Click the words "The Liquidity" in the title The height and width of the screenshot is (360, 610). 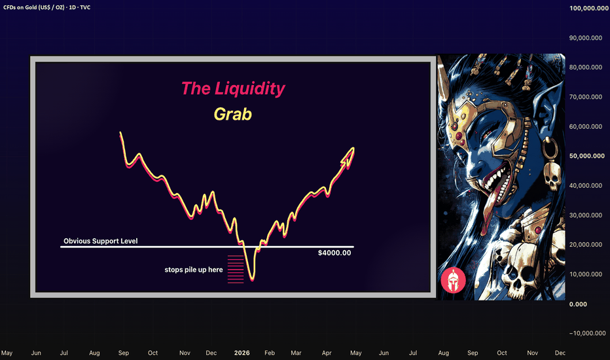(233, 88)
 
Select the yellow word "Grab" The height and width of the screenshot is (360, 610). (232, 114)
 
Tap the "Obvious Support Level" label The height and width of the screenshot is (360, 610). (100, 241)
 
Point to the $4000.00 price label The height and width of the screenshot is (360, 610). (334, 253)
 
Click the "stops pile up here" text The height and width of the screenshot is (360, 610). (194, 270)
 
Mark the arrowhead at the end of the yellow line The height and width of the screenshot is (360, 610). (349, 154)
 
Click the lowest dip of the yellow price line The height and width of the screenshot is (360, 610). (252, 279)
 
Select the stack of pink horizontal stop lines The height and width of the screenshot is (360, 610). (236, 269)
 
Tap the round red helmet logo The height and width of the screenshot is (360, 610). (453, 280)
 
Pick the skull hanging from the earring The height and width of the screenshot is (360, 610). (552, 176)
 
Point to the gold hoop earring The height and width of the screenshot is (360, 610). (550, 149)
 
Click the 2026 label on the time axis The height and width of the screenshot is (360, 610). (242, 353)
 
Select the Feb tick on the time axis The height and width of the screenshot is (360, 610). (270, 353)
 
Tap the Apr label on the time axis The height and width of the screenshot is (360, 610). (327, 353)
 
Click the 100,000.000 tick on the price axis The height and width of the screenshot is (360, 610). (588, 8)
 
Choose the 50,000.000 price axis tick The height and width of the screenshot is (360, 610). (586, 156)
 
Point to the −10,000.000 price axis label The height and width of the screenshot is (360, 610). (588, 333)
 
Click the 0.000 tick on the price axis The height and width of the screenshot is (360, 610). (578, 304)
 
